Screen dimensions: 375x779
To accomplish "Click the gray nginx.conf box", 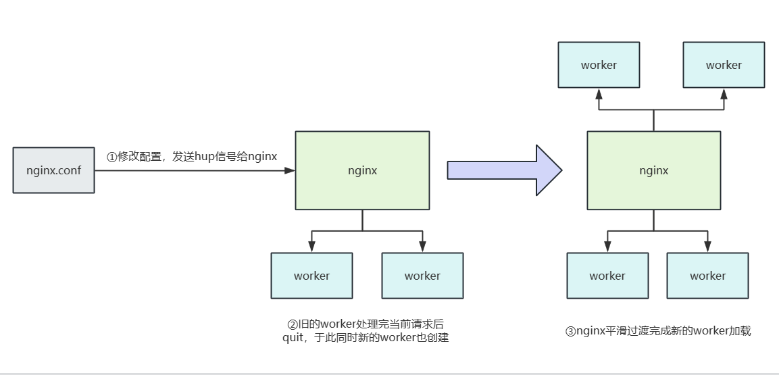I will pos(54,170).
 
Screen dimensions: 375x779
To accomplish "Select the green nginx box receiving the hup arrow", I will pos(362,170).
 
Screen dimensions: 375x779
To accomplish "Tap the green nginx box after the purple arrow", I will pos(653,170).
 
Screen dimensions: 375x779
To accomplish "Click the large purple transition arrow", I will pos(504,170).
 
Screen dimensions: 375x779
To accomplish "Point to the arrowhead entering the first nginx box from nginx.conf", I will pos(291,171).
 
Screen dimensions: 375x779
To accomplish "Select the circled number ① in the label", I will pos(111,157).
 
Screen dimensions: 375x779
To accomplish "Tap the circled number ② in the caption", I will pos(292,323).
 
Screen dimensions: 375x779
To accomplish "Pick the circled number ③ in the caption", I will pos(570,331).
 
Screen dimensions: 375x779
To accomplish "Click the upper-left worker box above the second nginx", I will pos(599,65).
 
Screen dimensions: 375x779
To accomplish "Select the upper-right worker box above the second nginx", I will pos(724,65).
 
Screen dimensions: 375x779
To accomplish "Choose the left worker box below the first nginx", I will pos(311,276).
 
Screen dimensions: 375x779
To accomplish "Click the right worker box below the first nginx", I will pos(422,276).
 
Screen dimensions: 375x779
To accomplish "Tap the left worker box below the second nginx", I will pos(607,276).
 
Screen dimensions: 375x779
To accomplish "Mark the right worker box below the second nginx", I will pos(707,276).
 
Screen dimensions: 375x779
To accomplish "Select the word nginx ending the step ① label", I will pos(262,157).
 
